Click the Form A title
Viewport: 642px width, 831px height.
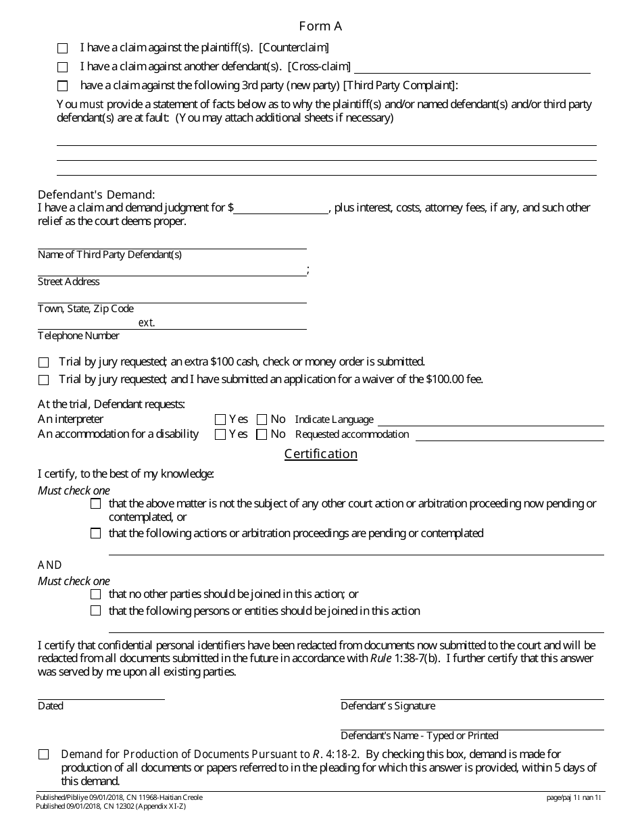[320, 26]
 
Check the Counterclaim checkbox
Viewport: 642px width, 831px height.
[63, 49]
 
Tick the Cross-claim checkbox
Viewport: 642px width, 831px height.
[63, 67]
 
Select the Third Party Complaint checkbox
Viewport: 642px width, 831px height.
[63, 86]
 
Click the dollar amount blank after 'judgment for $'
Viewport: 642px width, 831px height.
[280, 208]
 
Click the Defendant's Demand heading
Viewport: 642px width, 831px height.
[96, 195]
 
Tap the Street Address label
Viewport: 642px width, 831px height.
[68, 282]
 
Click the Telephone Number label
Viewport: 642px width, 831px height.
[78, 336]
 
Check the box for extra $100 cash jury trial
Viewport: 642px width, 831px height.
[44, 362]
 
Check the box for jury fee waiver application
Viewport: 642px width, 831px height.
[44, 380]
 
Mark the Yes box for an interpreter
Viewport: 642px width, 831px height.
[220, 420]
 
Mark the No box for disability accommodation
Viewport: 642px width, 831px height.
[262, 434]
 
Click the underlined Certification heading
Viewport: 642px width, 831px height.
[320, 454]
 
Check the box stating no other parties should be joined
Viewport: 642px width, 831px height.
[95, 595]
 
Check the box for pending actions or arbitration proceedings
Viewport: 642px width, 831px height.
[95, 534]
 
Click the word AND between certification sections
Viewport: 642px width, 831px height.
[50, 565]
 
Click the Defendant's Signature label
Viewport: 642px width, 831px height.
[388, 706]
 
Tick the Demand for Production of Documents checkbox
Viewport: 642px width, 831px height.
[44, 755]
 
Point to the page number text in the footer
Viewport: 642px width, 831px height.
[574, 798]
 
